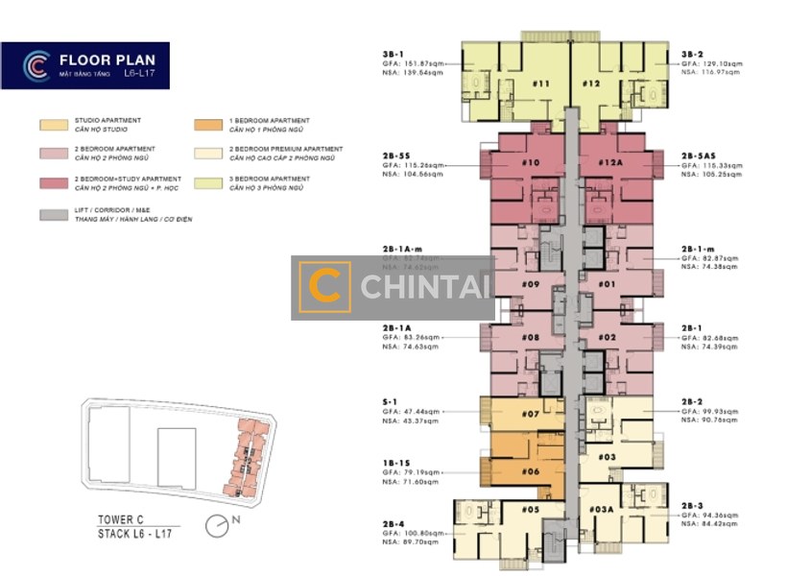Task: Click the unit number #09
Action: tap(532, 284)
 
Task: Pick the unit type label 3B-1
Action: tap(393, 54)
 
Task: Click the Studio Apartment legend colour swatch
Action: tap(54, 125)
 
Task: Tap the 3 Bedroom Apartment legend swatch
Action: tap(207, 182)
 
